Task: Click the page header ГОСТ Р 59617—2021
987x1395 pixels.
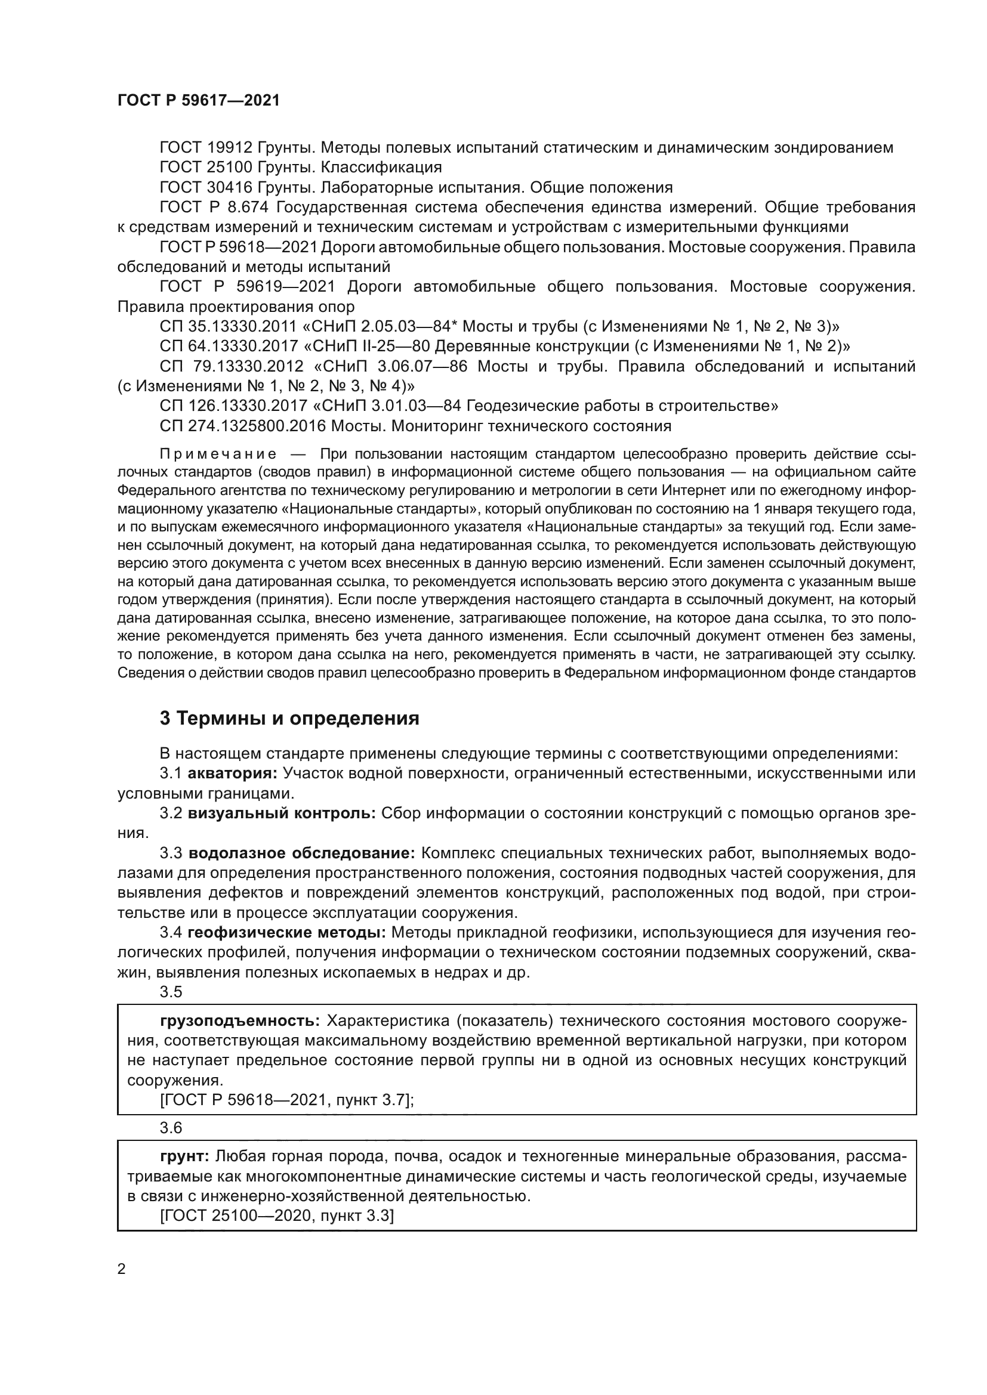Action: pyautogui.click(x=198, y=101)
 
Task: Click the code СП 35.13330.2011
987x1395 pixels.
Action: pyautogui.click(x=227, y=327)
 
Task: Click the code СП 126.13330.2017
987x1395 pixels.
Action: pyautogui.click(x=232, y=406)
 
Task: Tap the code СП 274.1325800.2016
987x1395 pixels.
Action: pyautogui.click(x=241, y=426)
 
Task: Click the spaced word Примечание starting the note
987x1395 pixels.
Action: pyautogui.click(x=218, y=454)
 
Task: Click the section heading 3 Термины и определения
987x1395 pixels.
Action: pyautogui.click(x=289, y=718)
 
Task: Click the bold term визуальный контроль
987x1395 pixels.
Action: pyautogui.click(x=282, y=814)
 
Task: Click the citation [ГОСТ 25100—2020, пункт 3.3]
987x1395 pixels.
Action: pyautogui.click(x=276, y=1215)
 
